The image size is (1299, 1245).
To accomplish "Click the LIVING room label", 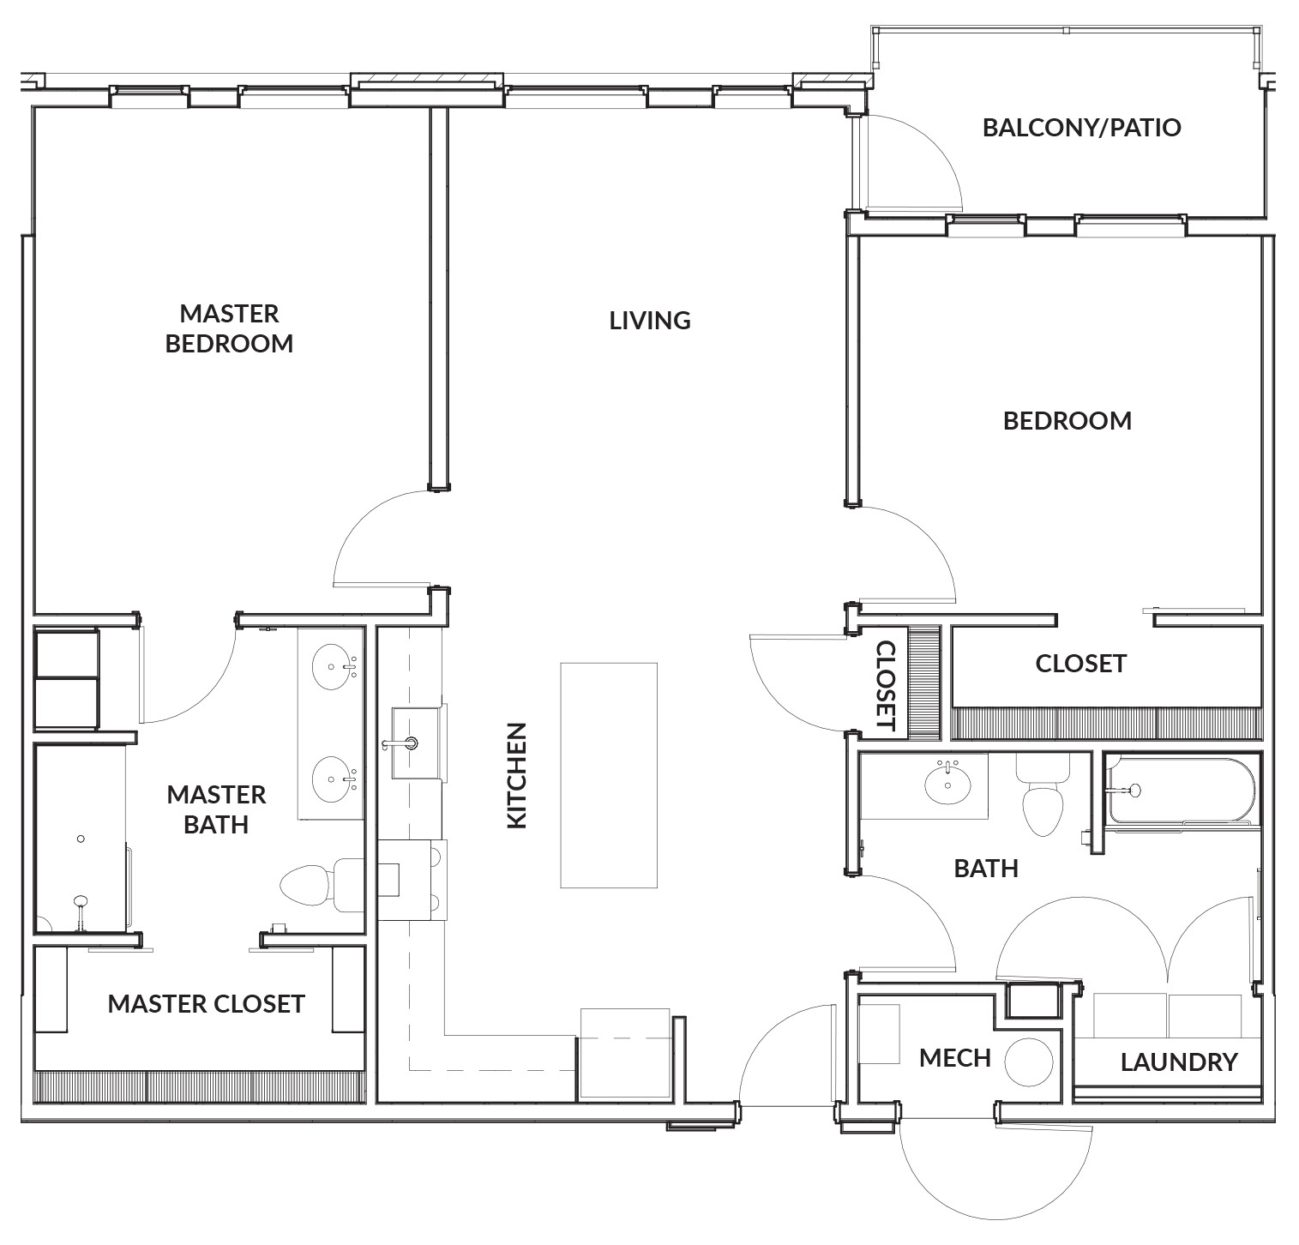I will click(650, 321).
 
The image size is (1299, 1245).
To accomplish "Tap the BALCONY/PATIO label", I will click(1081, 128).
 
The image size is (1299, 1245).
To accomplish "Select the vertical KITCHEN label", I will click(516, 775).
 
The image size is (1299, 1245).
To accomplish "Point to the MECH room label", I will click(954, 1058).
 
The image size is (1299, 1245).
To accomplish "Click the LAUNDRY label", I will click(1179, 1062).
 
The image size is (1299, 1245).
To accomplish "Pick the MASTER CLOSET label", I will click(206, 1003).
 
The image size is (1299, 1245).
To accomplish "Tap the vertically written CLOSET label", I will click(886, 686).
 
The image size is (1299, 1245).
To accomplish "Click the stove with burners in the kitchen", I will click(412, 880).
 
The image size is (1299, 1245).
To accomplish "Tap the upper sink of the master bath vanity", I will click(333, 666).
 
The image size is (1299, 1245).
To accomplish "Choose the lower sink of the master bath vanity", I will click(333, 779).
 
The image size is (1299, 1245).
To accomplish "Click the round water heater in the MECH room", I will click(1028, 1063).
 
